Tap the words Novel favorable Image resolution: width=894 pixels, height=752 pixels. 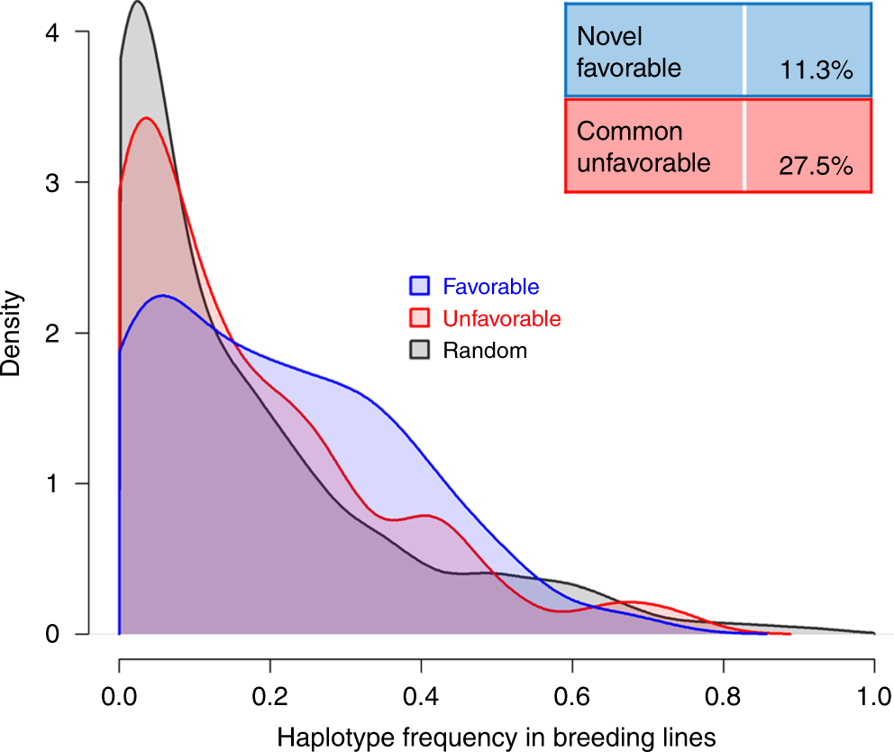(629, 52)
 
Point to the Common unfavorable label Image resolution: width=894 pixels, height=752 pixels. (643, 148)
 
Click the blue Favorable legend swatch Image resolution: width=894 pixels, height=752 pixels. (421, 287)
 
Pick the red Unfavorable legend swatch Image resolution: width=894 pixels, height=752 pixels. (421, 318)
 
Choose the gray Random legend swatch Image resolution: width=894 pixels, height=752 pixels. (421, 350)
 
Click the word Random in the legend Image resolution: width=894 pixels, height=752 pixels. (484, 351)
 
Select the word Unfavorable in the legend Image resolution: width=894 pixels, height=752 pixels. (501, 319)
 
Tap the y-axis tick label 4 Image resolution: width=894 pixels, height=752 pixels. (56, 32)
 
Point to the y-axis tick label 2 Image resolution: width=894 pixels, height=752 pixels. (56, 334)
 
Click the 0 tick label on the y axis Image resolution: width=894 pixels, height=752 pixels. (56, 635)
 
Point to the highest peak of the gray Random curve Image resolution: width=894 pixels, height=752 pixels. (137, 3)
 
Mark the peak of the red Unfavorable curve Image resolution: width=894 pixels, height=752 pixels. (146, 118)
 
